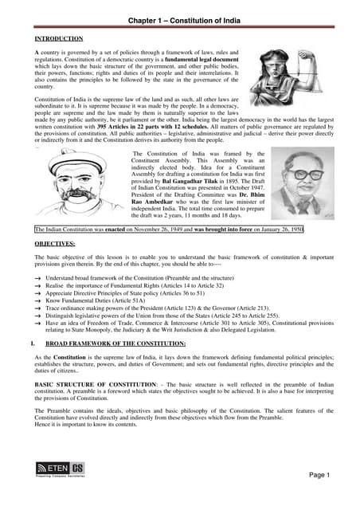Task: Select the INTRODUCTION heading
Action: tap(58, 38)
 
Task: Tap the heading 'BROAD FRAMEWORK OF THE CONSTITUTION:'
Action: tap(115, 343)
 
